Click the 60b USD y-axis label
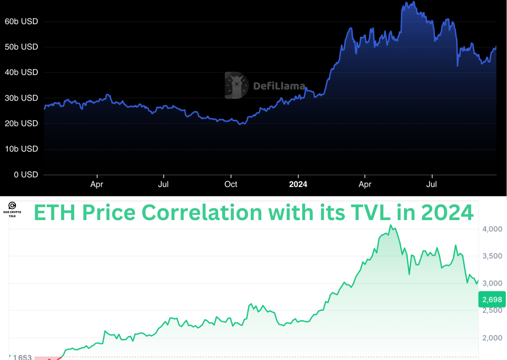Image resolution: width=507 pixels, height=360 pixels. click(21, 21)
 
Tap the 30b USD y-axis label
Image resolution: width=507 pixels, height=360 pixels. click(21, 98)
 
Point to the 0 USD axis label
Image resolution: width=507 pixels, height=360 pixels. click(26, 174)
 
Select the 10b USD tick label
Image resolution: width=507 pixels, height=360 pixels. click(21, 149)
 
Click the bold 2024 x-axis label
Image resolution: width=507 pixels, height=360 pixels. click(298, 184)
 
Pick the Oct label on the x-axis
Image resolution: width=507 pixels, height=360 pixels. click(231, 184)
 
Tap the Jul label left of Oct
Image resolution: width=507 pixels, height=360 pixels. click(163, 184)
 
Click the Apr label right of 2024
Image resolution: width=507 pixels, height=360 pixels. click(365, 184)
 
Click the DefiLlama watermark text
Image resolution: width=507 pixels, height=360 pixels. click(279, 86)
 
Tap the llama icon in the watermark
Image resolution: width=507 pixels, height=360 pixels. click(236, 85)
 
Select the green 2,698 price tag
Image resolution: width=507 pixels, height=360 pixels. click(492, 299)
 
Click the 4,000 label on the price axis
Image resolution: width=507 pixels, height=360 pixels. click(492, 229)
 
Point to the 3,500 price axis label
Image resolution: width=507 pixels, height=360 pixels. click(492, 256)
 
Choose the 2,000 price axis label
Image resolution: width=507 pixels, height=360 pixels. click(492, 338)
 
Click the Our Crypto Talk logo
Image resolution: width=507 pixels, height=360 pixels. click(12, 209)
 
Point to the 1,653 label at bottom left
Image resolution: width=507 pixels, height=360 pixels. click(22, 357)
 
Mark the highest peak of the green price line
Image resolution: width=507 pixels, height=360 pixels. click(391, 225)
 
